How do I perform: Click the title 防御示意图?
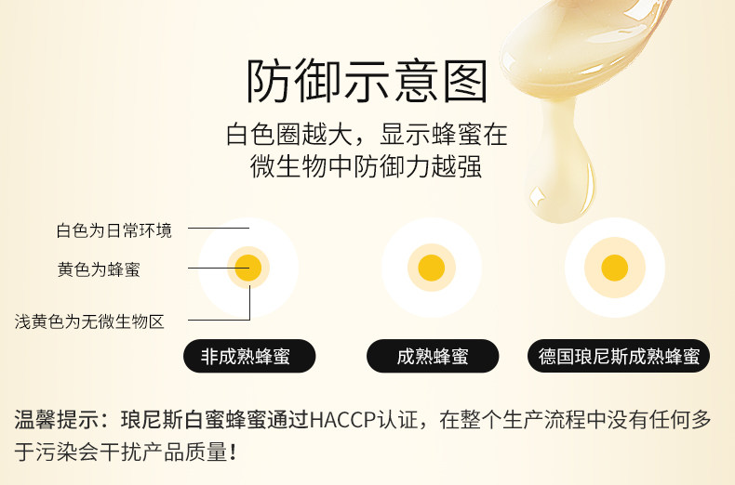pos(367,81)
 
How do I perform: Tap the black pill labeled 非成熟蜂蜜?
pos(249,356)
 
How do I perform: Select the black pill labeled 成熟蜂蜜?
pos(433,356)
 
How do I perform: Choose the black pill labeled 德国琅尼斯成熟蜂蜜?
pos(619,356)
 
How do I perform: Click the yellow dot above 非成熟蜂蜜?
pos(248,268)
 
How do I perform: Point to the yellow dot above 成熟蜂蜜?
pos(432,268)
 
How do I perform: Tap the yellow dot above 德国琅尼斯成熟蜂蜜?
pos(615,268)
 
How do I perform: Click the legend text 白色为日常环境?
pos(114,230)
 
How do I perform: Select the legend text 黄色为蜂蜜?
pos(99,269)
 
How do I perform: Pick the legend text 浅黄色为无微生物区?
pos(89,321)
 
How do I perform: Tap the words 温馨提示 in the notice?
pos(56,419)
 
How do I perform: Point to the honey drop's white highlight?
pos(537,196)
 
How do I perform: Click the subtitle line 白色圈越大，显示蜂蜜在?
pos(367,135)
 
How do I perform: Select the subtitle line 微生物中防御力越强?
pos(366,166)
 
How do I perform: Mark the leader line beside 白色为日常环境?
pos(219,228)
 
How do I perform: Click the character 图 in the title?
pos(465,81)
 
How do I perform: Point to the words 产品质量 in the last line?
pos(186,452)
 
